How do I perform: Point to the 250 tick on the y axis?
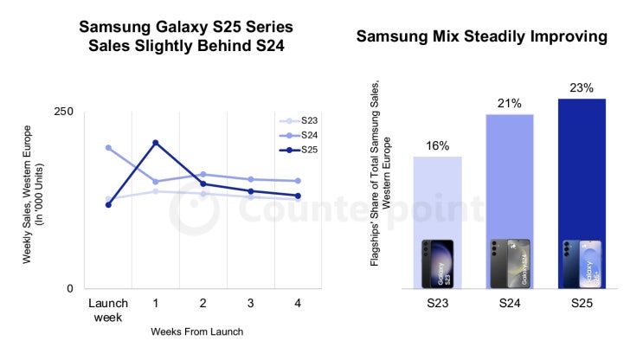click(x=64, y=112)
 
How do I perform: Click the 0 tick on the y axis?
click(x=70, y=288)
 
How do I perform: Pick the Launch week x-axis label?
click(x=108, y=309)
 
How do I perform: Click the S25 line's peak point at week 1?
click(x=156, y=143)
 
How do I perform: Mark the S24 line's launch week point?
click(x=108, y=147)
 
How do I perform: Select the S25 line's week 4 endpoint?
click(x=298, y=196)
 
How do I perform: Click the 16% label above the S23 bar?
click(x=437, y=145)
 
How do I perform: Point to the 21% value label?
click(x=509, y=103)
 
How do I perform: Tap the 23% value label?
click(x=581, y=87)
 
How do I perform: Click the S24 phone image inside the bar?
click(x=509, y=264)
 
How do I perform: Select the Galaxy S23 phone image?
click(x=437, y=264)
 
